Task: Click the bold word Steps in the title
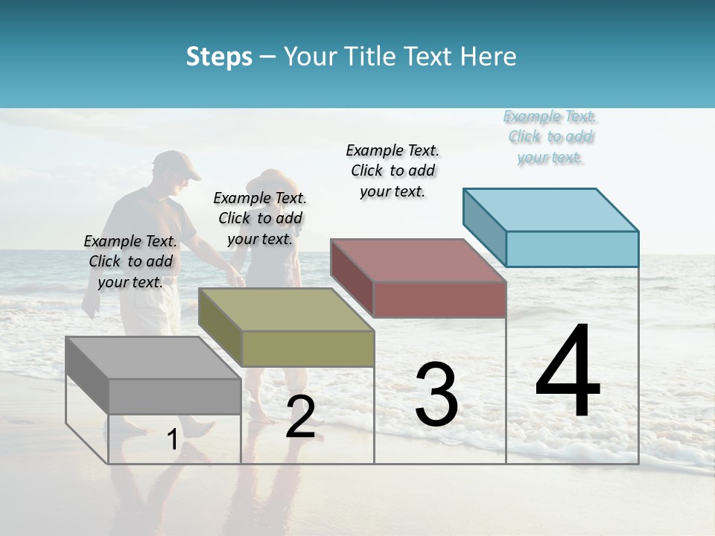tap(219, 57)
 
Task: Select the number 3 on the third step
tap(436, 394)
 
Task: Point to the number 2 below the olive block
tap(300, 417)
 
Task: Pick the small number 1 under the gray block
tap(172, 440)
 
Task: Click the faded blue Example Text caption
tap(550, 137)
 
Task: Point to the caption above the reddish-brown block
tap(393, 170)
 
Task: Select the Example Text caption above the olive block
tap(260, 218)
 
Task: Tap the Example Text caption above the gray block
tap(130, 261)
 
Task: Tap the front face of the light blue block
tap(572, 249)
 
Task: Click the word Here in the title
tap(492, 57)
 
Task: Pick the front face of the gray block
tap(175, 396)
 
